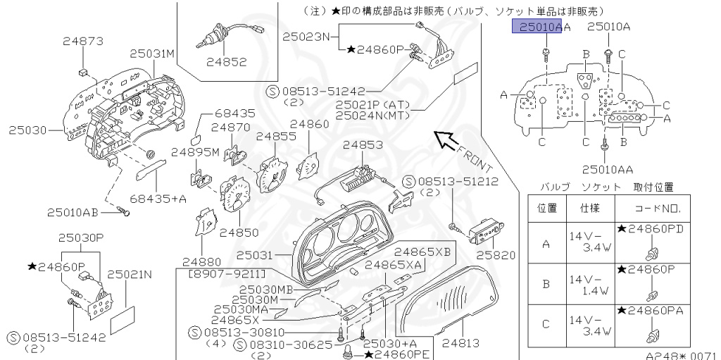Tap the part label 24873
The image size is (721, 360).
pyautogui.click(x=83, y=42)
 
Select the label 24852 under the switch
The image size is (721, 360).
pyautogui.click(x=227, y=62)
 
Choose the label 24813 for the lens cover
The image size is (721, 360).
pyautogui.click(x=460, y=344)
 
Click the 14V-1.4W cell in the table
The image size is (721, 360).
pyautogui.click(x=589, y=285)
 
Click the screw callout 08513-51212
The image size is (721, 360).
pyautogui.click(x=458, y=181)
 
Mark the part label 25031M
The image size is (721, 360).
pyautogui.click(x=151, y=54)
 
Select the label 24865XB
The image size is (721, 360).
pyautogui.click(x=422, y=251)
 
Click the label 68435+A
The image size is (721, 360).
pyautogui.click(x=158, y=199)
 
